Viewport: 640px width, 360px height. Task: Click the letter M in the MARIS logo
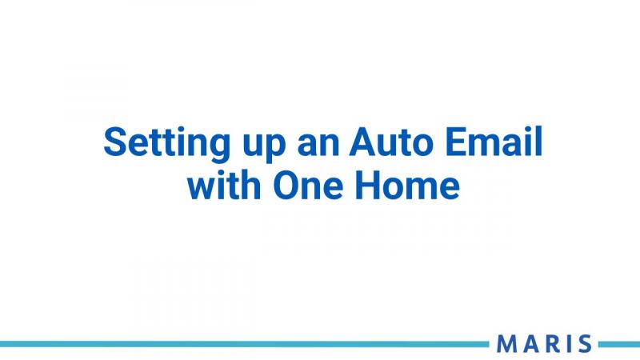506,344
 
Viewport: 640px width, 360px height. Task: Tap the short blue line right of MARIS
619,344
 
